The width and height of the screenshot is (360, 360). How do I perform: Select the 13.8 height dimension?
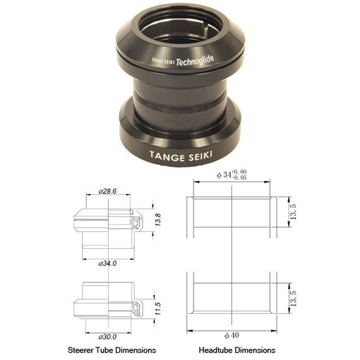158,221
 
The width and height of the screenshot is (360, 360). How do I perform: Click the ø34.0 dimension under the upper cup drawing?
107,263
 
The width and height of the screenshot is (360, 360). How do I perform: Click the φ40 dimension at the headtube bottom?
231,335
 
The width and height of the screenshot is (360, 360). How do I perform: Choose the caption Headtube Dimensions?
237,350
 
